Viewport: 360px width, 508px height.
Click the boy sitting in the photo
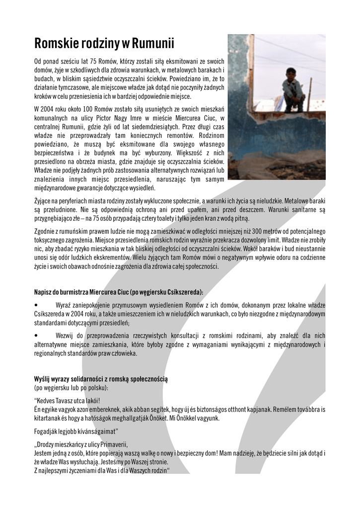pos(292,89)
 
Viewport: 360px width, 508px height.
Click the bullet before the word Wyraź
pos(36,304)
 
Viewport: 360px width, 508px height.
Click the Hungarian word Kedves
pos(47,400)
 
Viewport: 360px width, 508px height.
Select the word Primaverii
pos(113,444)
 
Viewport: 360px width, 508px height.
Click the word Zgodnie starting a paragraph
pos(45,232)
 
